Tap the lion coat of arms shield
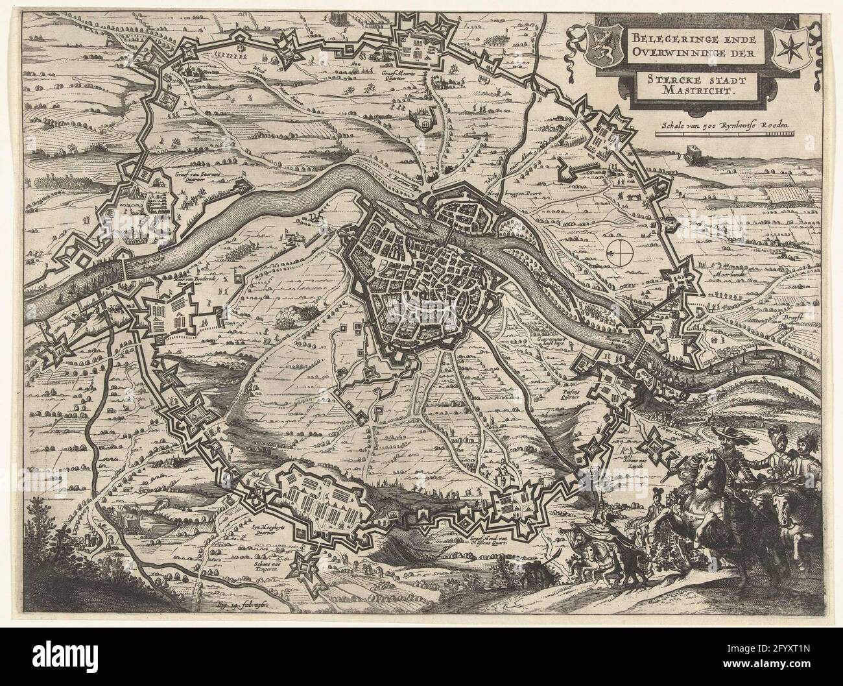point(595,45)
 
